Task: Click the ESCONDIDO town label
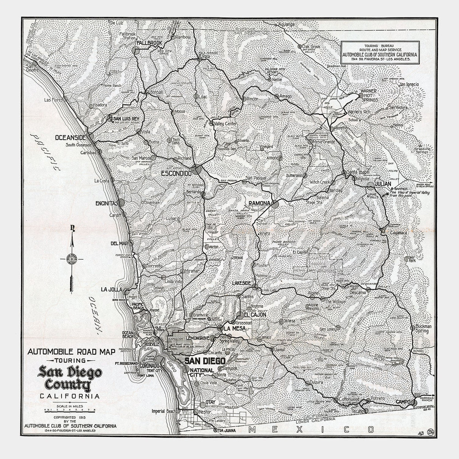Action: point(176,174)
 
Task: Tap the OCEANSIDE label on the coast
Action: point(71,138)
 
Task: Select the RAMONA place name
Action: point(259,203)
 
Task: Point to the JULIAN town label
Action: point(382,184)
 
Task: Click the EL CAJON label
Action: point(255,315)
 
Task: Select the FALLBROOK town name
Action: point(150,43)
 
